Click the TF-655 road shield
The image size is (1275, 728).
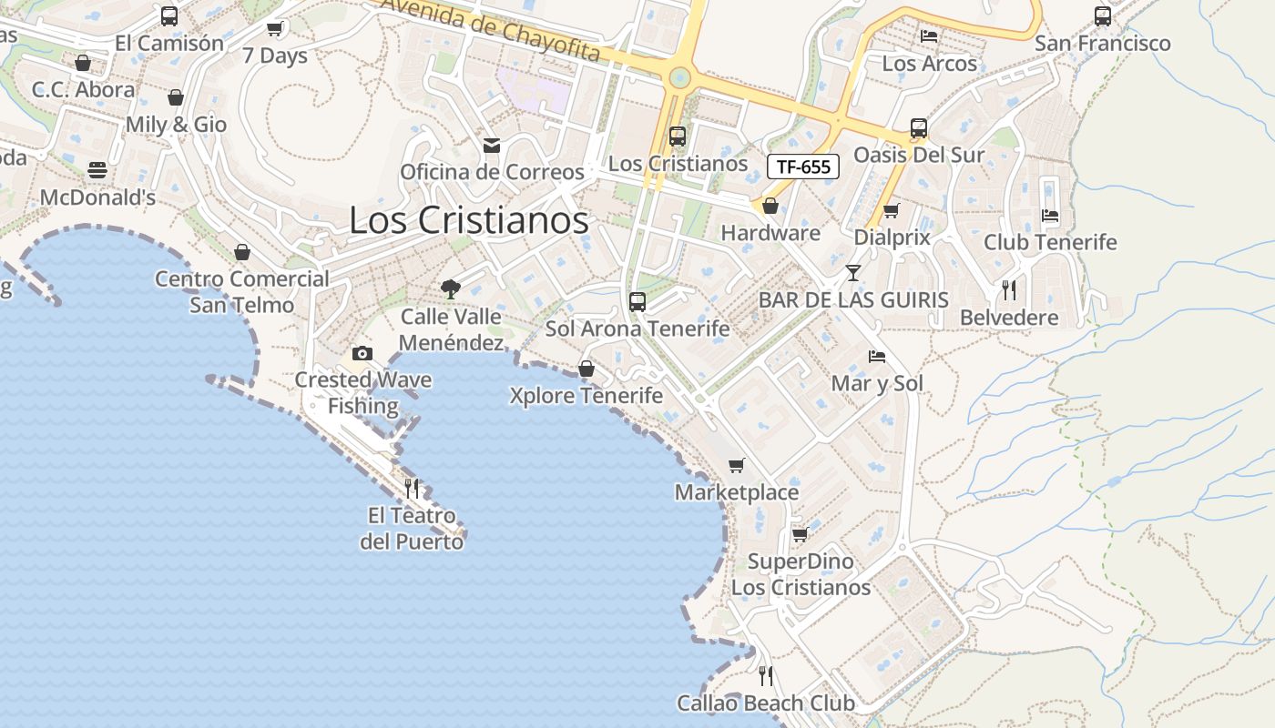(802, 167)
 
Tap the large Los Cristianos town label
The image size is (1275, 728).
(469, 220)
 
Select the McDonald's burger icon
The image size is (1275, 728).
(97, 170)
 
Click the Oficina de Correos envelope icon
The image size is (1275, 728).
(492, 146)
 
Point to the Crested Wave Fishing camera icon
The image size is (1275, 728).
(362, 353)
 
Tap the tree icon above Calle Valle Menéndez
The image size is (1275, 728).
(450, 289)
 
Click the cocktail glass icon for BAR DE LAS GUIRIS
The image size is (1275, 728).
(852, 272)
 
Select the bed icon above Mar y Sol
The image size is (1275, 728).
(877, 356)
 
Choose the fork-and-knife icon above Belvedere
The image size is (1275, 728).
(1008, 290)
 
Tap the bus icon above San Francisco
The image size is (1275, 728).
(1102, 15)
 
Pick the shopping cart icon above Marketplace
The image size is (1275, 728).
(736, 465)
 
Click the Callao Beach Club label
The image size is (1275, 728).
(765, 703)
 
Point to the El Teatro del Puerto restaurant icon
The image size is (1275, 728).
(411, 489)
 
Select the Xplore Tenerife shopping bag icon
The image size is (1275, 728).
(586, 369)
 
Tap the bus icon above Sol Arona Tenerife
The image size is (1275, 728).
(637, 301)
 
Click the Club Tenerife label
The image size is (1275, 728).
(1049, 242)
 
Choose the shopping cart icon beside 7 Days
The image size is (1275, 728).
(274, 29)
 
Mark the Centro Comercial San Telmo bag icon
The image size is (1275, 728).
(242, 252)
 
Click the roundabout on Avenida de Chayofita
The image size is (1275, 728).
(678, 77)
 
